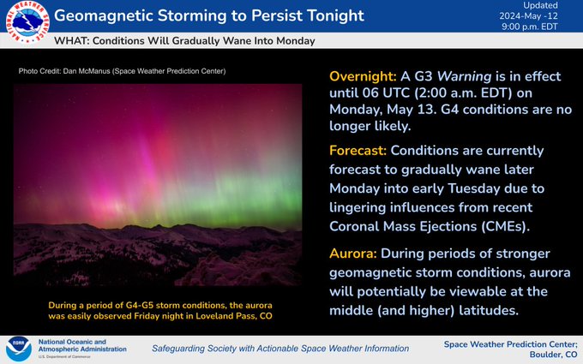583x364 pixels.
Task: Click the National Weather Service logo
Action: [x=27, y=22]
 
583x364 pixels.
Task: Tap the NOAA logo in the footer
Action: [x=19, y=349]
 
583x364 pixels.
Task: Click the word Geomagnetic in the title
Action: [x=104, y=16]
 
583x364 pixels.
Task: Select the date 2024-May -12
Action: [x=528, y=16]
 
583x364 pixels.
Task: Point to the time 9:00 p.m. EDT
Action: [x=530, y=27]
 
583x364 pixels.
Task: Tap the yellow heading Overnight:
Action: [x=363, y=76]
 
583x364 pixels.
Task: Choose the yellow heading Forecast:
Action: [x=358, y=151]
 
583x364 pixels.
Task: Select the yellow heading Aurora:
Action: [x=353, y=254]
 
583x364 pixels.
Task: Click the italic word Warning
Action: [x=464, y=76]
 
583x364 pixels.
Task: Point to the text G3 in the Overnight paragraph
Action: [x=424, y=76]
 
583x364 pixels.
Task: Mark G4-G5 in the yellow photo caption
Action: [x=140, y=305]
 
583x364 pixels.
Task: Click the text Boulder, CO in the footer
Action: [x=554, y=355]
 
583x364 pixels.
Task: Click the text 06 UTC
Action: [x=387, y=92]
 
